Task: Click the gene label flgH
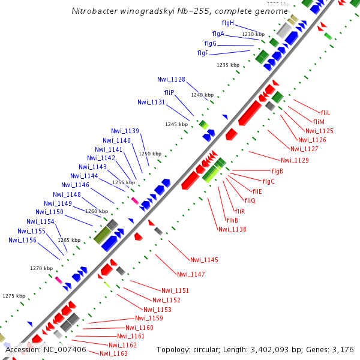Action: [x=228, y=23]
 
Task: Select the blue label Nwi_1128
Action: [x=171, y=79]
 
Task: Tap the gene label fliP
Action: [x=169, y=92]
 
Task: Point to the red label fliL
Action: [x=326, y=113]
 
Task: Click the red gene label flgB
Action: [x=277, y=172]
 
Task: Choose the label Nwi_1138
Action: [x=232, y=229]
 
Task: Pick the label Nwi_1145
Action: [x=204, y=260]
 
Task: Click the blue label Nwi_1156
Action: [x=22, y=240]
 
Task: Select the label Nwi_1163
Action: [x=113, y=353]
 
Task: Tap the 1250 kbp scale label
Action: [x=150, y=154]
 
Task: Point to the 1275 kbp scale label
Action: [x=14, y=296]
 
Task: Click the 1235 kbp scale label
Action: [x=228, y=65]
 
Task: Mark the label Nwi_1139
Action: [x=125, y=131]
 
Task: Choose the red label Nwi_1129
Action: [x=295, y=160]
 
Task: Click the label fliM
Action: [x=319, y=122]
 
